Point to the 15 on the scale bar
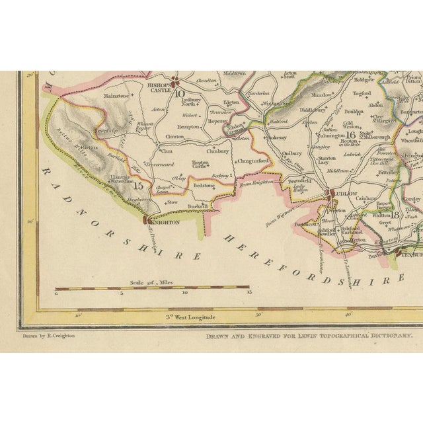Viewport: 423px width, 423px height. (x=249, y=292)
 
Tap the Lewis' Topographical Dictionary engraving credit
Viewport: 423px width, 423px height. (x=309, y=336)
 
